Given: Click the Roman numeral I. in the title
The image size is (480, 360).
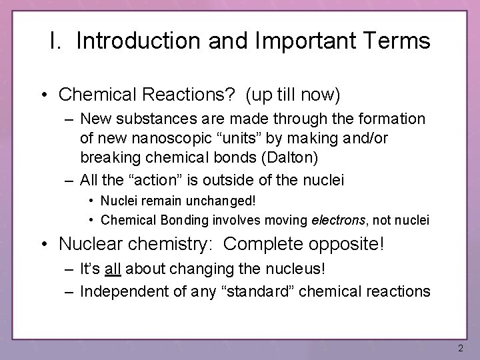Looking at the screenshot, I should point(56,41).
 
